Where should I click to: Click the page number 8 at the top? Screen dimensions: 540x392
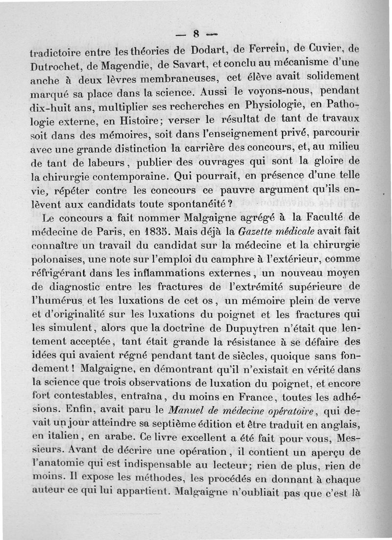tap(196, 34)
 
